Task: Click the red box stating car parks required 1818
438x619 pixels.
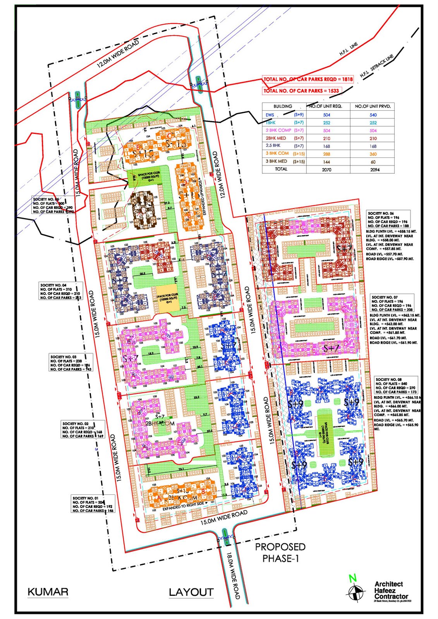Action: pyautogui.click(x=308, y=79)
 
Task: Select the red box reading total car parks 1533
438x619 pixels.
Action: pyautogui.click(x=301, y=91)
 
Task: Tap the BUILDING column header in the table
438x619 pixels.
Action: pyautogui.click(x=283, y=106)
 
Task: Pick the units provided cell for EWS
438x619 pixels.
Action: pyautogui.click(x=373, y=115)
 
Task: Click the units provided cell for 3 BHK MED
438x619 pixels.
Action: pyautogui.click(x=373, y=162)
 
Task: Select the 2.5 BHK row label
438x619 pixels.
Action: pyautogui.click(x=273, y=146)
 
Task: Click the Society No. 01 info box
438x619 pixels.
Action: pyautogui.click(x=93, y=504)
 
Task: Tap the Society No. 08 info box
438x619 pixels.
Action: pyautogui.click(x=396, y=385)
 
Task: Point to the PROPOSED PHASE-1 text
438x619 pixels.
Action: pyautogui.click(x=280, y=552)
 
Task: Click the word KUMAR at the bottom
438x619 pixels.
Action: pyautogui.click(x=48, y=592)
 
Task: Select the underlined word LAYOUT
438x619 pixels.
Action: pyautogui.click(x=191, y=592)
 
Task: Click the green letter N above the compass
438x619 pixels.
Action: pyautogui.click(x=352, y=578)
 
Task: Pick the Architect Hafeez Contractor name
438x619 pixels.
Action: pyautogui.click(x=391, y=590)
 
